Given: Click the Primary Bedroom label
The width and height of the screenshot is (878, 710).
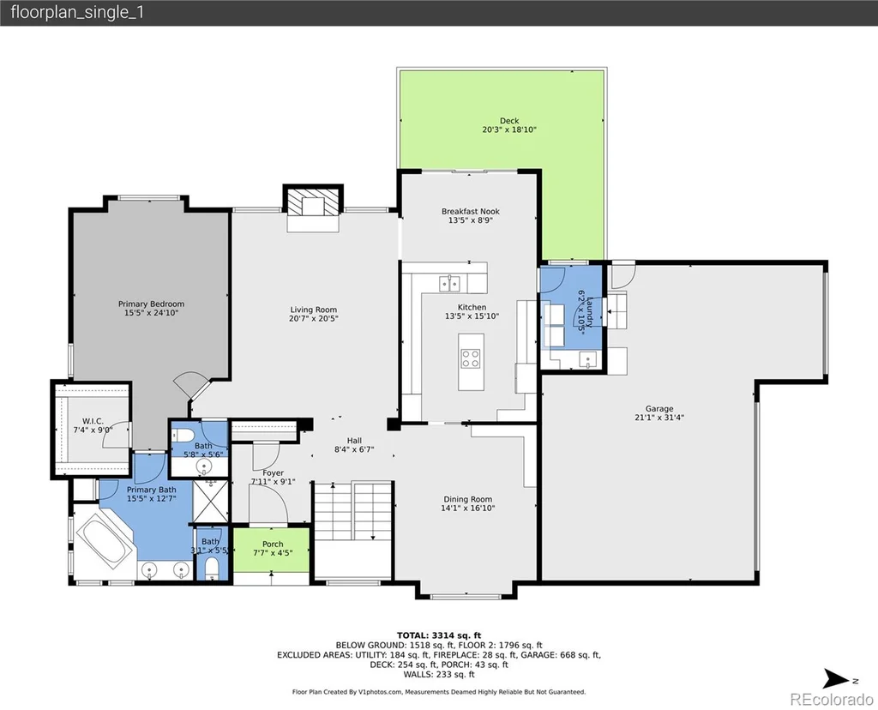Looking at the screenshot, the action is pos(151,304).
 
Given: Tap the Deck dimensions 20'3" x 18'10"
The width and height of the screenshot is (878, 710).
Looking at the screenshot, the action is pos(509,129).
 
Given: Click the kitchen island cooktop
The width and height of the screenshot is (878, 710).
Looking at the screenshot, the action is pos(471,358).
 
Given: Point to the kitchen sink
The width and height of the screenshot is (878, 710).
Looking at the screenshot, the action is pos(449,283).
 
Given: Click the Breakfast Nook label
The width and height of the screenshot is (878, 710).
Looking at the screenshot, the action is pos(471,211).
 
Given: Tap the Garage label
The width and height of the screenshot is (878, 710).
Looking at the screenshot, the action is pos(659,409).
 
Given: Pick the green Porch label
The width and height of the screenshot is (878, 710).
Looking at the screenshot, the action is pos(273,545).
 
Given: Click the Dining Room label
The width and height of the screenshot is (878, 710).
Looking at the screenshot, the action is pos(467,499).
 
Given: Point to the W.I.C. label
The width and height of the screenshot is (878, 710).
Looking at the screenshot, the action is pos(93,421).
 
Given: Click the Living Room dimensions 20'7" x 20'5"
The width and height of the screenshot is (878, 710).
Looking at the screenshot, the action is pos(314,319).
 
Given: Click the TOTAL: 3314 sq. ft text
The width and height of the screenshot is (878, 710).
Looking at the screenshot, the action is pos(439,635).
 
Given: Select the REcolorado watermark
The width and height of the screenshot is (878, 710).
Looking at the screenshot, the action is pos(832,699).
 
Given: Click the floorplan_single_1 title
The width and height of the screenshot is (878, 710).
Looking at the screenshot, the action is pos(77,12).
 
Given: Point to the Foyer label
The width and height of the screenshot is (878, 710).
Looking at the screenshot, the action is pos(273,473).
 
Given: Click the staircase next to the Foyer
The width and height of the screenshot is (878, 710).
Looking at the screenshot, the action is pos(352,511).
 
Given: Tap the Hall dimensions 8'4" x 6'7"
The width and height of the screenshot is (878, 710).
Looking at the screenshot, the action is pos(354,449).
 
